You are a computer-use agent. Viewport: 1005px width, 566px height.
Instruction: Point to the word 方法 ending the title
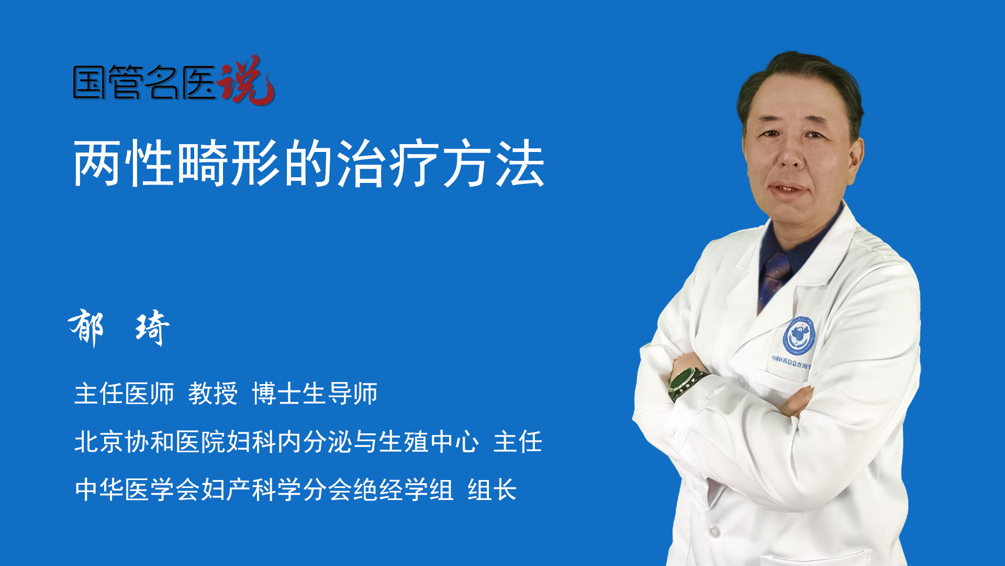coord(494,164)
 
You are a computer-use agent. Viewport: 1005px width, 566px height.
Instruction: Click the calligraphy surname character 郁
coord(86,328)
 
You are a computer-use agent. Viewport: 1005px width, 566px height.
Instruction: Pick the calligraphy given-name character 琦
coord(152,328)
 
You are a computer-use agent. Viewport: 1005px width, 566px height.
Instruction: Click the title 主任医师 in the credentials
coord(124,394)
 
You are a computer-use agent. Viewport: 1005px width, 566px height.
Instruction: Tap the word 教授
coord(213,394)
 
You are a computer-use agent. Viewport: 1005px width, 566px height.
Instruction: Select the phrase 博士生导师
coord(315,394)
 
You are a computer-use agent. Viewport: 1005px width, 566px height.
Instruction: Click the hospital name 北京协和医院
coord(150,442)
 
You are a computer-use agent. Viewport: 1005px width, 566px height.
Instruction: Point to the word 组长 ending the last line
coord(492,490)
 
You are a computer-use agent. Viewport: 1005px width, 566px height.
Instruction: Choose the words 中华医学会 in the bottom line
coord(137,490)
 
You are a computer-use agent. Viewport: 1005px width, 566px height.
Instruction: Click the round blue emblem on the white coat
coord(799,336)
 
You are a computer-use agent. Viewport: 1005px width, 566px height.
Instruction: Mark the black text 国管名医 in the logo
coord(144,82)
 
